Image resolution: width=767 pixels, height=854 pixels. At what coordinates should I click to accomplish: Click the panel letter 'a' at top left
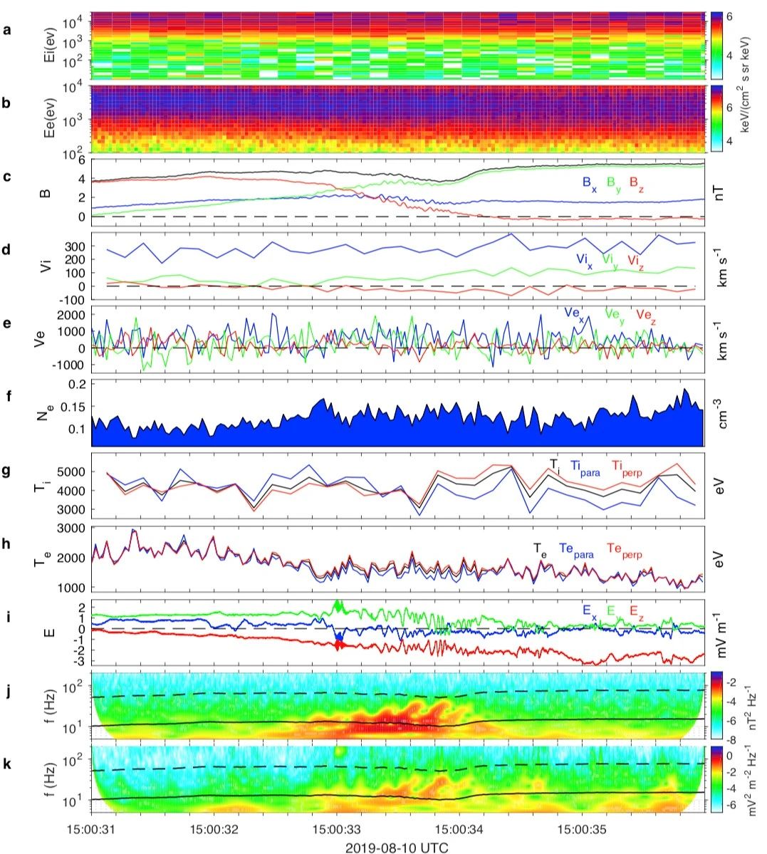7,30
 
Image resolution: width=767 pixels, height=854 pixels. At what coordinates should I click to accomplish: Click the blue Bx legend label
589,182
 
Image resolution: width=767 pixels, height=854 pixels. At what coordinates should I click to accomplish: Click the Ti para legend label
585,467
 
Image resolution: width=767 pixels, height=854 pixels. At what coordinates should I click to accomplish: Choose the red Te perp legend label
625,548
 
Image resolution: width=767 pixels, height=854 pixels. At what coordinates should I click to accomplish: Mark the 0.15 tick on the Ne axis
74,407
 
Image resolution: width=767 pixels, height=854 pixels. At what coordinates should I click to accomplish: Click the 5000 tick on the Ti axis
75,472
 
